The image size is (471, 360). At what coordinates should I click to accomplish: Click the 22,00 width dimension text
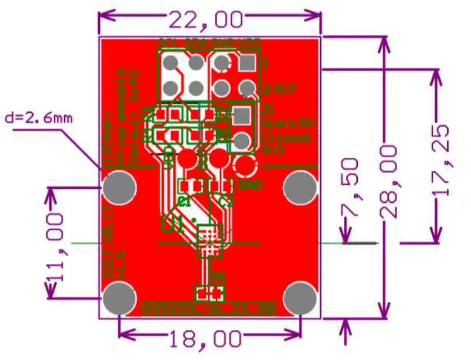(206, 20)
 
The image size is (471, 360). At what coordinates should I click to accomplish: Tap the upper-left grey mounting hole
(119, 187)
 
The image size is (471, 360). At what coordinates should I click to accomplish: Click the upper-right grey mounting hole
(300, 187)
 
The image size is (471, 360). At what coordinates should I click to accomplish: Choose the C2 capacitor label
(227, 202)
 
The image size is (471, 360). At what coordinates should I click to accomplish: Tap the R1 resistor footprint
(209, 293)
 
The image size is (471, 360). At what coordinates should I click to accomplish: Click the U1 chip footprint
(210, 241)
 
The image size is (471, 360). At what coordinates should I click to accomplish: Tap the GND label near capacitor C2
(250, 185)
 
